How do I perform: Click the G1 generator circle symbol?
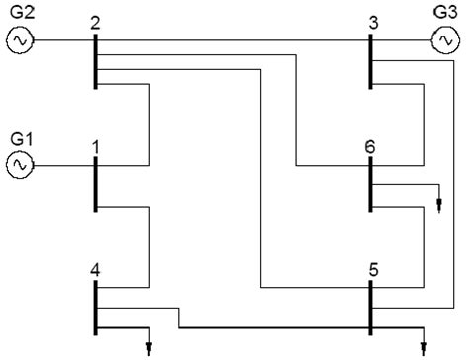20,166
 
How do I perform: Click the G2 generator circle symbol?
20,40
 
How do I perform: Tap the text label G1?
22,138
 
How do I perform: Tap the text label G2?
22,12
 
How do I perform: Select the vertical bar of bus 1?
95,182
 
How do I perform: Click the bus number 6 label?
370,146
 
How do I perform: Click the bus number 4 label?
94,268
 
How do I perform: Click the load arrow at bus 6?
439,205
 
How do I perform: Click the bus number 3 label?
371,22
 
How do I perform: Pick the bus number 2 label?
94,22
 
